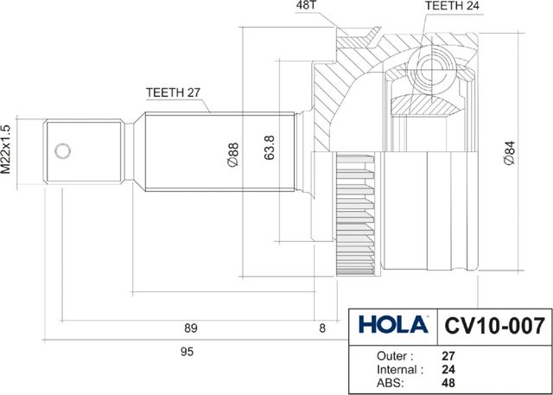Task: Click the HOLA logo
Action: [393, 324]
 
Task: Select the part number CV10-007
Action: [494, 326]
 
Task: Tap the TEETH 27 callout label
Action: [173, 92]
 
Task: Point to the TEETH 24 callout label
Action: [453, 6]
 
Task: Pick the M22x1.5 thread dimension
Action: [6, 150]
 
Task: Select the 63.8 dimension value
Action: [269, 148]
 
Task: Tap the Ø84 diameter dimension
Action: [509, 152]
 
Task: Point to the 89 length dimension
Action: [191, 328]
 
